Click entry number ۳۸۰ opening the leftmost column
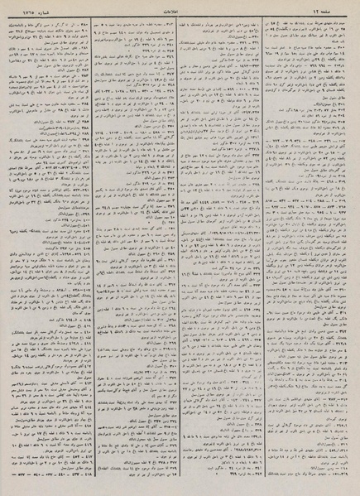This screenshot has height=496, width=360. pos(85,25)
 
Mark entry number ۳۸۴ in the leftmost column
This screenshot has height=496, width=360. pos(85,104)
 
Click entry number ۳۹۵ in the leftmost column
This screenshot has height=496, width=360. pos(85,139)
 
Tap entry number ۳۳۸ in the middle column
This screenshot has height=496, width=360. pos(255,183)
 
